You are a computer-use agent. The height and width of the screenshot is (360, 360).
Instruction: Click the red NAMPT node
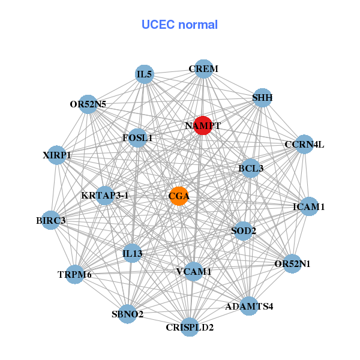point(203,126)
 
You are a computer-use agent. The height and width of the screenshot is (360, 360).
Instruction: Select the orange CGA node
point(179,196)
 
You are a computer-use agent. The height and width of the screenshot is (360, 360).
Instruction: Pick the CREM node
point(203,69)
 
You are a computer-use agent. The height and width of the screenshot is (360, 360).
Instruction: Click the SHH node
point(262,97)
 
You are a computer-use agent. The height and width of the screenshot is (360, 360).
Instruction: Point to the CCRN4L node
point(304,145)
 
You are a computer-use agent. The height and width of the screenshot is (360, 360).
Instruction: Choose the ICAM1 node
point(309,207)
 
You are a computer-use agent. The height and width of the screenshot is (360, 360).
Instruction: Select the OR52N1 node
point(292,263)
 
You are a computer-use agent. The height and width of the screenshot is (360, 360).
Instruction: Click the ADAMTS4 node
point(248,306)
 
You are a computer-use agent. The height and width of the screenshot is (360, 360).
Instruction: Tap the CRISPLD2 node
point(190,327)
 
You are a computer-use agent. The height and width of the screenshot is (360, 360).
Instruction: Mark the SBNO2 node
point(128,314)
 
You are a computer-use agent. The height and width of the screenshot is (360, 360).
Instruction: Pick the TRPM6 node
point(75,275)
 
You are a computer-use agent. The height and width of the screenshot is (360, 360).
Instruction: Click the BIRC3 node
point(52,220)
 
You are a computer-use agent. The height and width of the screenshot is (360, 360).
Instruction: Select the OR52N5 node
point(88,104)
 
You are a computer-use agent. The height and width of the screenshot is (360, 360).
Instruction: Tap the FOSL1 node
point(137,137)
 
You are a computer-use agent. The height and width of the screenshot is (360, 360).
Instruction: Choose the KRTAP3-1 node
point(105,196)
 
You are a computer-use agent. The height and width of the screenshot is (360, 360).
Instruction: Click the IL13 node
point(133,253)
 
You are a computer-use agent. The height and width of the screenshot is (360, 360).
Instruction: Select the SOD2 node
point(244,230)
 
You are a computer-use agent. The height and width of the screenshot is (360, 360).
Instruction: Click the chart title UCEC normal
point(179,25)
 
